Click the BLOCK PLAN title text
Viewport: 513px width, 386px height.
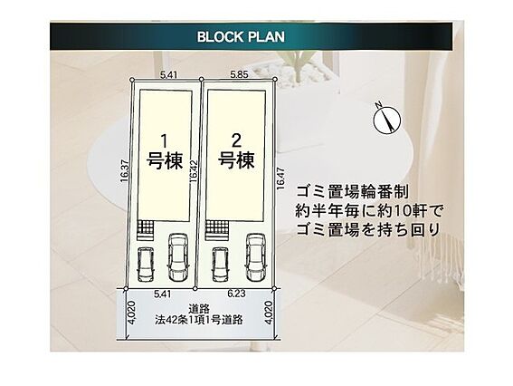click(241, 37)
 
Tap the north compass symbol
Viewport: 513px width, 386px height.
click(386, 119)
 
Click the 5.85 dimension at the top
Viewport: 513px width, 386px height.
click(239, 74)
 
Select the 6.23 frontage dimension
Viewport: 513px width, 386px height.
click(236, 294)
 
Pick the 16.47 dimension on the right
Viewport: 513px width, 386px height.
click(280, 179)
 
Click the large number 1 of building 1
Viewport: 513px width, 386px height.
click(165, 141)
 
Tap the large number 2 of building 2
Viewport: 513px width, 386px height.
click(236, 141)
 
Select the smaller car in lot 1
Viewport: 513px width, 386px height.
click(146, 264)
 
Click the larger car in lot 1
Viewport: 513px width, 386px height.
click(178, 257)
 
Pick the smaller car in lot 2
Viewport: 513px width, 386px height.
click(220, 264)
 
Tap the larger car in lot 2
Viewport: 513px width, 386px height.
click(256, 257)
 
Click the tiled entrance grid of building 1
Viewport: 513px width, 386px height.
click(145, 227)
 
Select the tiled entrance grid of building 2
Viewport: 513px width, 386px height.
click(217, 227)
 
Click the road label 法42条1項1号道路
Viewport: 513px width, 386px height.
click(199, 320)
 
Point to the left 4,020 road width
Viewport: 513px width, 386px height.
click(131, 313)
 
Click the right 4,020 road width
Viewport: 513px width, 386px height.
click(268, 313)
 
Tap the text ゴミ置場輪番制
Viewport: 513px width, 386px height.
click(352, 192)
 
